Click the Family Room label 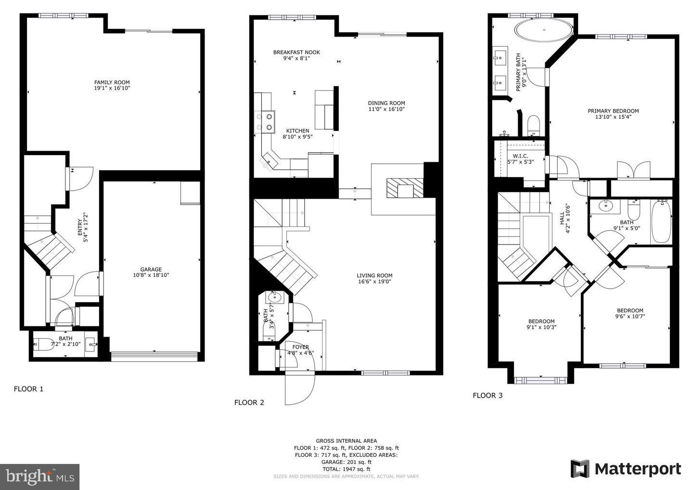112,82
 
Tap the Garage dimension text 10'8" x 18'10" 151,275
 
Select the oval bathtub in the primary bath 544,30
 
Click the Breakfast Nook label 296,52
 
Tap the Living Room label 374,276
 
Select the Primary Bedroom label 613,111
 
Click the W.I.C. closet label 520,156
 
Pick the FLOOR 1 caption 28,389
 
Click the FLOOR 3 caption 488,396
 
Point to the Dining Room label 386,103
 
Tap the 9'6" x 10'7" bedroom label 630,313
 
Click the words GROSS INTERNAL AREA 346,441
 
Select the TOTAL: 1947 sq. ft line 346,469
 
